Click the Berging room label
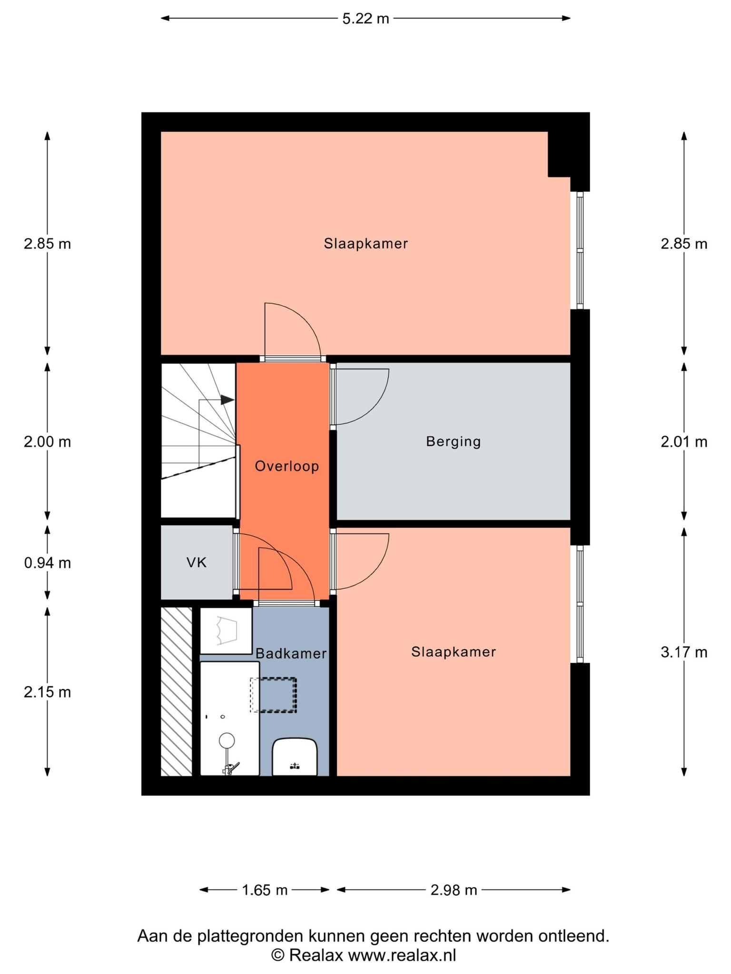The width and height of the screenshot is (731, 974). [453, 442]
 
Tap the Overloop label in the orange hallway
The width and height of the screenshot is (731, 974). [287, 466]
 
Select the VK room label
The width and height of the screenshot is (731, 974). [197, 563]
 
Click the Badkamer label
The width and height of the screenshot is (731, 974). [291, 653]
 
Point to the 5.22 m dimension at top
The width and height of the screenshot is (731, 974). [365, 19]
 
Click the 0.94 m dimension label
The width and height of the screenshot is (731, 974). [47, 563]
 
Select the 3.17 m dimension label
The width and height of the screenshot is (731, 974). [684, 652]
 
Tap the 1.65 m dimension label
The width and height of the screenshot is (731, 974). [265, 890]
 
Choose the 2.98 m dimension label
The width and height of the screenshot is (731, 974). [454, 890]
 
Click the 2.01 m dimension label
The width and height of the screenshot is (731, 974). [684, 442]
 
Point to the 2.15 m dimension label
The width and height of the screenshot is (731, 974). [47, 692]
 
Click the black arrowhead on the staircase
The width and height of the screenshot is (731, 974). [227, 400]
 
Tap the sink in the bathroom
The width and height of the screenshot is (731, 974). [295, 757]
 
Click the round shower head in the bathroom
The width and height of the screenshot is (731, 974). [227, 740]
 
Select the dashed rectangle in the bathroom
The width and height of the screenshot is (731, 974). [274, 695]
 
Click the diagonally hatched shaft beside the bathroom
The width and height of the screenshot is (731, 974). [177, 692]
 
